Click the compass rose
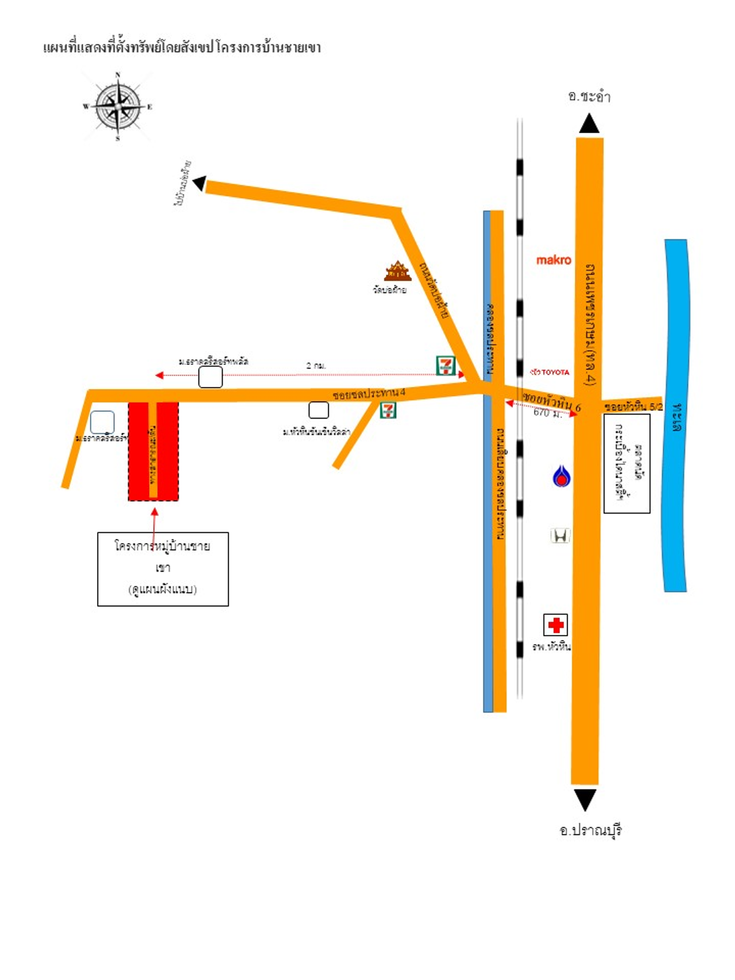(x=118, y=107)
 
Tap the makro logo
(x=554, y=260)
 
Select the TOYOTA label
(x=550, y=372)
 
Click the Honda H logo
(x=560, y=536)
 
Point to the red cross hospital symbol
(x=555, y=625)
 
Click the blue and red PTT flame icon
(x=561, y=477)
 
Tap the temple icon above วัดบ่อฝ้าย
(x=397, y=271)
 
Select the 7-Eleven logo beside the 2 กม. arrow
(x=446, y=365)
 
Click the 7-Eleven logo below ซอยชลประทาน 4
(x=388, y=410)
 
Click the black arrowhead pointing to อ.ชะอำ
(x=589, y=124)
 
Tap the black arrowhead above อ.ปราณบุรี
(x=585, y=799)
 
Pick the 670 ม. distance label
(x=547, y=413)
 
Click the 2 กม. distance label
(x=316, y=366)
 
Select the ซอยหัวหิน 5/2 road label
(x=633, y=406)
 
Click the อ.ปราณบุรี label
(x=591, y=830)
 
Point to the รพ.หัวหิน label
(x=551, y=647)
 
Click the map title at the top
(x=182, y=48)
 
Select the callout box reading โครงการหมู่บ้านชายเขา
(x=163, y=568)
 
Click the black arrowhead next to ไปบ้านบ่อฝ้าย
(x=200, y=183)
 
